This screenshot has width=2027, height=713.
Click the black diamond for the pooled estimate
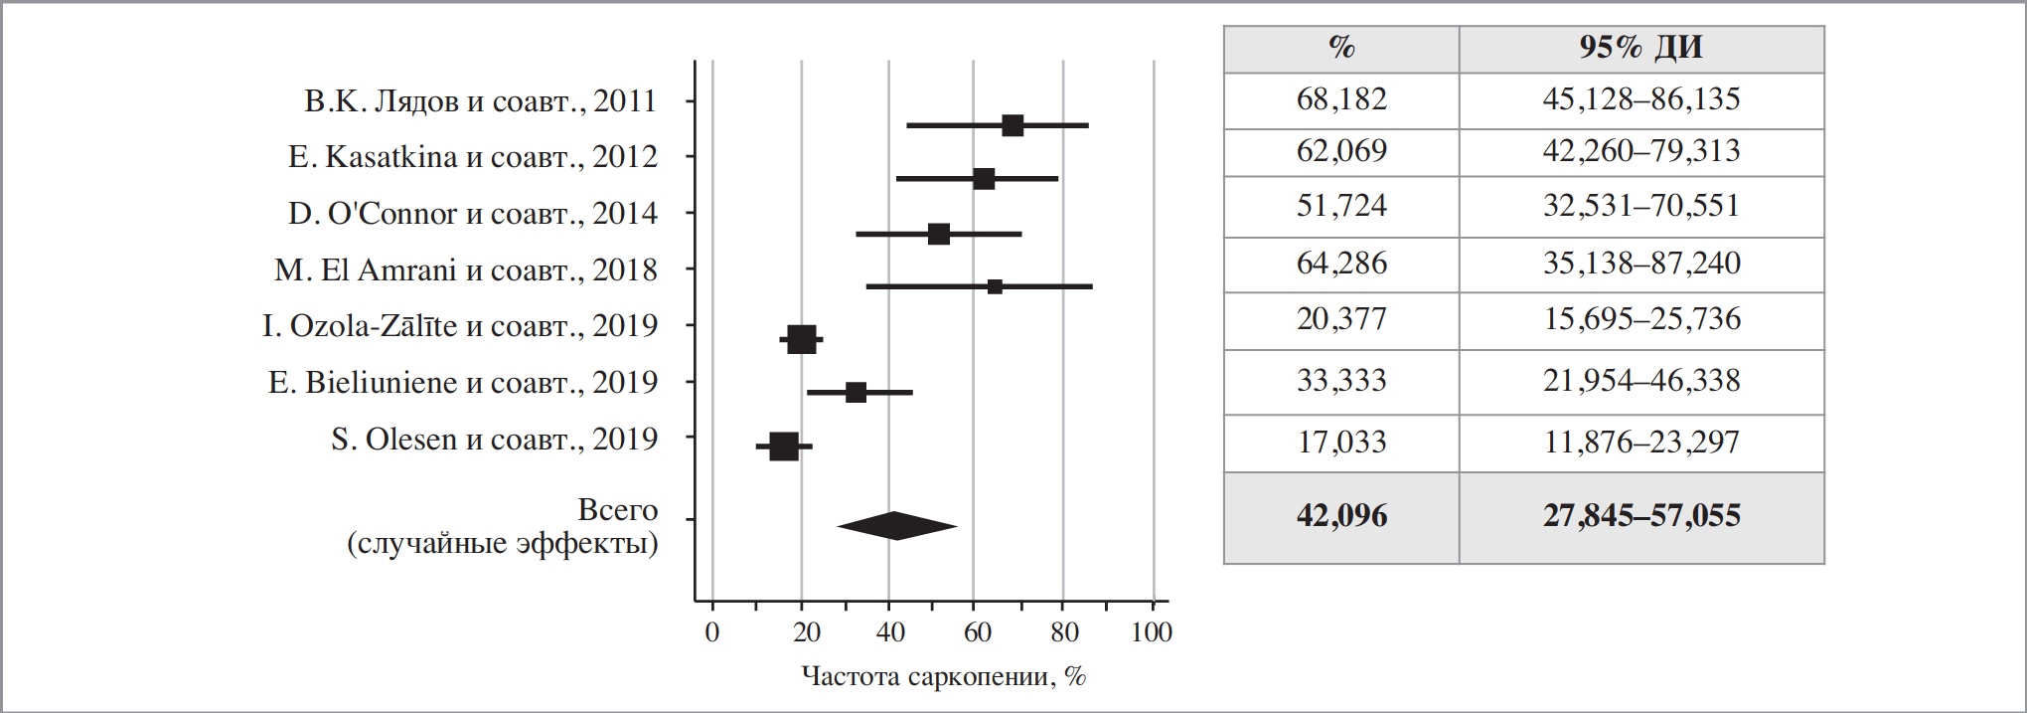coord(896,526)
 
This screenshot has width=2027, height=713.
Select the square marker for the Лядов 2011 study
coord(1013,125)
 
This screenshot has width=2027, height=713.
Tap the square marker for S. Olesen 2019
coord(784,446)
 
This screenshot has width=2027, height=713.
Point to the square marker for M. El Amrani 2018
coord(995,286)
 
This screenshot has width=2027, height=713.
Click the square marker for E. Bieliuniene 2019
coord(856,392)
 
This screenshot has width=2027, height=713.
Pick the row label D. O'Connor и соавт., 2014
coord(473,214)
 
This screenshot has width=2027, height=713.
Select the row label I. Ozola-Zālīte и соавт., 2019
coord(460,326)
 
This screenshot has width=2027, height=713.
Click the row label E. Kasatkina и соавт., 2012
coord(473,157)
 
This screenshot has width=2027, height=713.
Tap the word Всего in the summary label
coord(617,510)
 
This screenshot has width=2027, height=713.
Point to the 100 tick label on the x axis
coord(1152,632)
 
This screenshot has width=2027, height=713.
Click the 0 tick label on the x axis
coord(711,632)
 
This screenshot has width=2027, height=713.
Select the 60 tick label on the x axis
coord(977,632)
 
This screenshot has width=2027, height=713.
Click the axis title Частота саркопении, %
coord(943,677)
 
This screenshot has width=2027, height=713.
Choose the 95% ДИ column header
coord(1640,48)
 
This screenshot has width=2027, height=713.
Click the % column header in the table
coord(1341,48)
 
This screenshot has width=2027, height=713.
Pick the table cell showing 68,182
coord(1341,99)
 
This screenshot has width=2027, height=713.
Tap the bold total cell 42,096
coord(1341,515)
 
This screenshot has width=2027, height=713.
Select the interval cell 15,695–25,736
coord(1641,319)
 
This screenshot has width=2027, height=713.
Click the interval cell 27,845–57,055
coord(1641,515)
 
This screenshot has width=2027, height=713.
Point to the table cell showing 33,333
coord(1341,381)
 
